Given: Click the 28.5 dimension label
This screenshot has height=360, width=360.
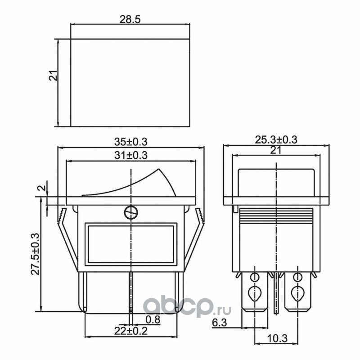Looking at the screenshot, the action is coord(130,19).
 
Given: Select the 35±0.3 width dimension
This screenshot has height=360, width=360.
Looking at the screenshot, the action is coord(130,142).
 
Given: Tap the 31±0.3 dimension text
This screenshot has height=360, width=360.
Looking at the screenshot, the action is coord(130,155).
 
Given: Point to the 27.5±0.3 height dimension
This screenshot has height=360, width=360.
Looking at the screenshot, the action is coord(36,254).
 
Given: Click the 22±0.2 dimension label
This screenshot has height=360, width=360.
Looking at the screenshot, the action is coord(130,331).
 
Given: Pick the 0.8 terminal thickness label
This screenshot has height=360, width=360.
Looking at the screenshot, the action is coord(153,319).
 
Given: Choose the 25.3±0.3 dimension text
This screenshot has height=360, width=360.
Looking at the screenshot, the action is coord(276,139).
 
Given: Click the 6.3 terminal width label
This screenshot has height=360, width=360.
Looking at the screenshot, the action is coord(219,323).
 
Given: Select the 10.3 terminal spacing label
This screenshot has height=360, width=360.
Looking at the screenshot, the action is coord(277,338).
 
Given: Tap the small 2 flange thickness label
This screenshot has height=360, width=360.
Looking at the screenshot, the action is coord(42,188).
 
